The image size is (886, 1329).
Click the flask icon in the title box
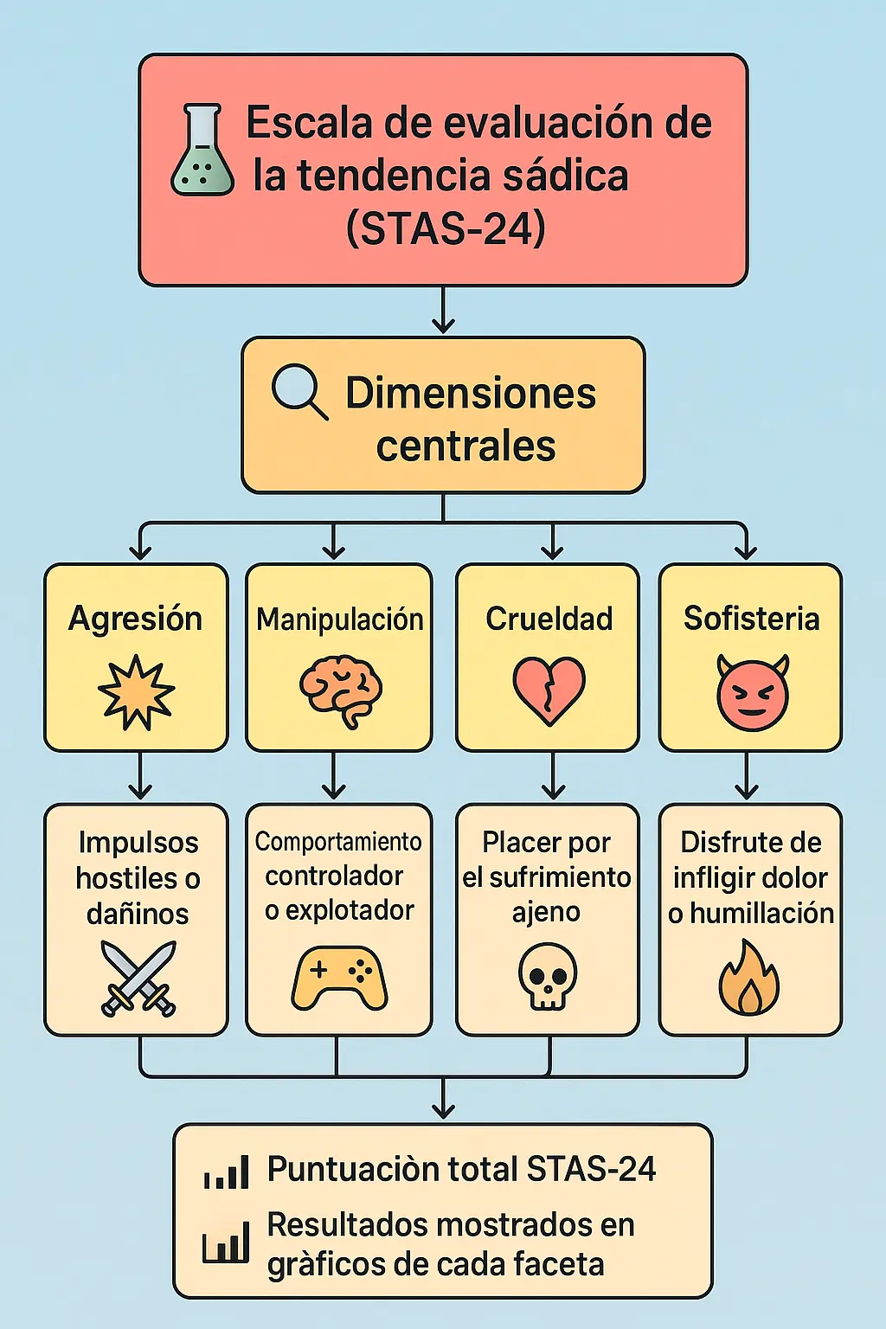[x=202, y=151]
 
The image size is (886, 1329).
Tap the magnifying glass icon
[x=299, y=392]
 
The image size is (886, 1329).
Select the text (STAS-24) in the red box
[x=445, y=228]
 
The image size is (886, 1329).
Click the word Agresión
[x=136, y=619]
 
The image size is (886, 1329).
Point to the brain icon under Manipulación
[x=341, y=690]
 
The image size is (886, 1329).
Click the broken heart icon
[x=549, y=690]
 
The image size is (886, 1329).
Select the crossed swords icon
[x=138, y=978]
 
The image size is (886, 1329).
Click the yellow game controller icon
[x=339, y=978]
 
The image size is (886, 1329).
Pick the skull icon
[x=548, y=976]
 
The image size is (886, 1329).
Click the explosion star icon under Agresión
[x=136, y=692]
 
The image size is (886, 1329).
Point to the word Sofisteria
[x=751, y=619]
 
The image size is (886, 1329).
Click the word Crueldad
[x=549, y=619]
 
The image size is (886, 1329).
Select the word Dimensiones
[x=471, y=393]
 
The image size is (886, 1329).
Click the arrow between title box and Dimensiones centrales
[x=443, y=311]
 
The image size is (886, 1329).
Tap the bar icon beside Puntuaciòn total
[x=227, y=1172]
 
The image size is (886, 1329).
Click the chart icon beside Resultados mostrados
[x=226, y=1243]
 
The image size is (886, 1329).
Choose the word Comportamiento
[x=338, y=842]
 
